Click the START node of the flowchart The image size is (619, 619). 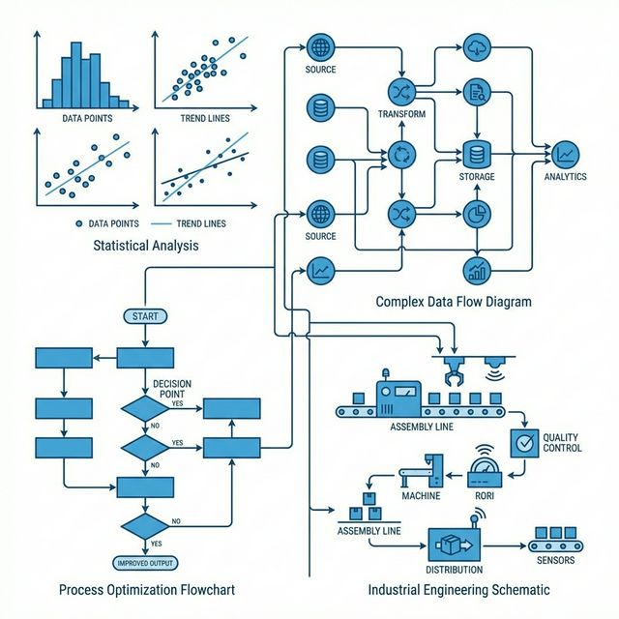coord(144,316)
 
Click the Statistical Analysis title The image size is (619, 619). coord(146,246)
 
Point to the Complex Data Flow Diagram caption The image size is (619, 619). coord(454,302)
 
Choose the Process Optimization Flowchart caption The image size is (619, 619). coord(146,590)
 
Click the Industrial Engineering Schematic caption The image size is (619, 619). coord(459,590)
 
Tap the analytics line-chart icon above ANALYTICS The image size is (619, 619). coord(566,153)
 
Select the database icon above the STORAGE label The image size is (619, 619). coord(475,153)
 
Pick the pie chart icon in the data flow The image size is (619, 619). coord(475,213)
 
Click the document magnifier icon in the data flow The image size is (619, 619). coord(475,93)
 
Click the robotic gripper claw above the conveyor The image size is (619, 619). coord(452,373)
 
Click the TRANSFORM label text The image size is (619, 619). coord(401,114)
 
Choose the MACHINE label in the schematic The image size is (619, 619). coord(421,496)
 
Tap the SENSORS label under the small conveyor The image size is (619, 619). coord(554,560)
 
